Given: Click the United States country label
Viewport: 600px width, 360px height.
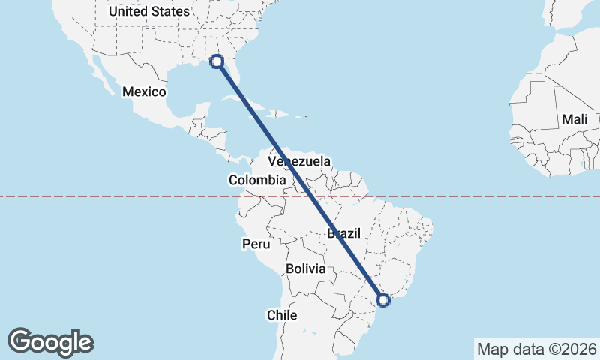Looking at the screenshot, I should pyautogui.click(x=149, y=11).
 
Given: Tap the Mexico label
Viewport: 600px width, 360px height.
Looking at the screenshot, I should pyautogui.click(x=144, y=91).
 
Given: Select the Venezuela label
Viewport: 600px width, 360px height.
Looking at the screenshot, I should pyautogui.click(x=299, y=162).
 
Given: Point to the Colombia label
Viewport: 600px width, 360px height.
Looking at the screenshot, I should pyautogui.click(x=257, y=180).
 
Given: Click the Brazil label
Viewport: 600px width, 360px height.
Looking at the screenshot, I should pyautogui.click(x=344, y=233).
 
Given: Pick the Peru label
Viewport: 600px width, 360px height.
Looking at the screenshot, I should pyautogui.click(x=255, y=244).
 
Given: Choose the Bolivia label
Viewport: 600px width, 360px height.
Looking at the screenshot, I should pyautogui.click(x=305, y=268).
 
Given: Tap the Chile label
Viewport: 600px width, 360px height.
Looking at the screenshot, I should pyautogui.click(x=282, y=315).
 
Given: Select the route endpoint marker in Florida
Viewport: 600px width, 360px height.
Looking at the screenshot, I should pyautogui.click(x=217, y=61).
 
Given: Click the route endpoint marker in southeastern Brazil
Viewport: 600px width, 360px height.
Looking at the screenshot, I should pyautogui.click(x=383, y=300).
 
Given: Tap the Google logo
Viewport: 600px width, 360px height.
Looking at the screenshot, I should pyautogui.click(x=51, y=341).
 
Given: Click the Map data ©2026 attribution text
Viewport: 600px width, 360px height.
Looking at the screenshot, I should pyautogui.click(x=536, y=349).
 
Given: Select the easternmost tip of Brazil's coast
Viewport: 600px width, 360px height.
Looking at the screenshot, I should pyautogui.click(x=433, y=224).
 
